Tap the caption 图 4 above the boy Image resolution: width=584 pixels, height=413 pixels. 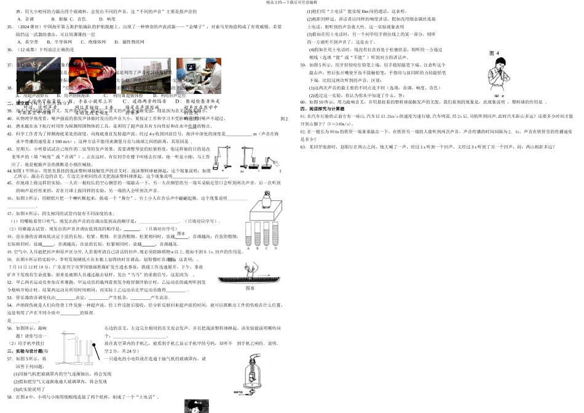[493, 53]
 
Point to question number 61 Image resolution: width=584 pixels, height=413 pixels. [302, 116]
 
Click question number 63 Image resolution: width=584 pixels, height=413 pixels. [302, 147]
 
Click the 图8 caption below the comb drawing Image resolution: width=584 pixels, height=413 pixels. [249, 288]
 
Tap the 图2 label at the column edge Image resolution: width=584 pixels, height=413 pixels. [284, 119]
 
